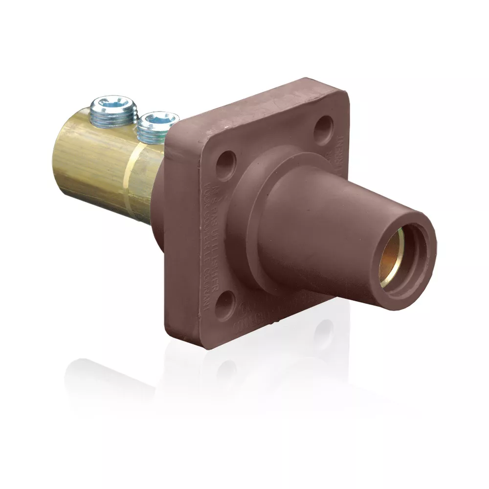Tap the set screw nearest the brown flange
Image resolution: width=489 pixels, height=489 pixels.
coord(157,126)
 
